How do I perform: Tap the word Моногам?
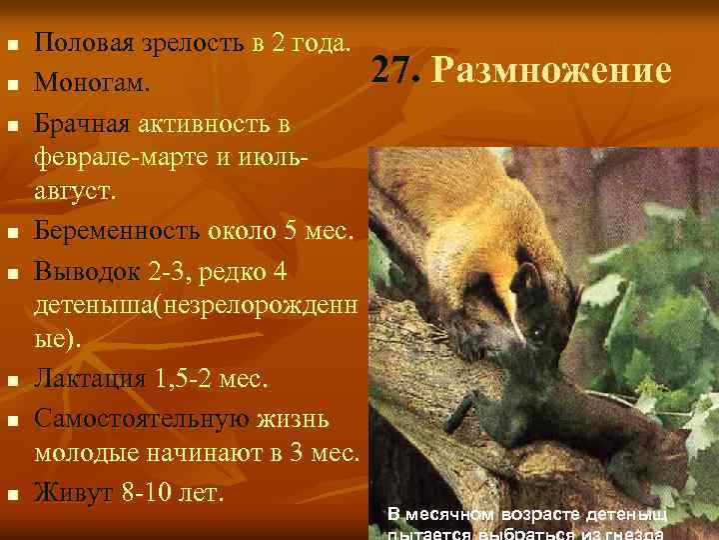93,83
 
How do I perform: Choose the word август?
75,190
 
